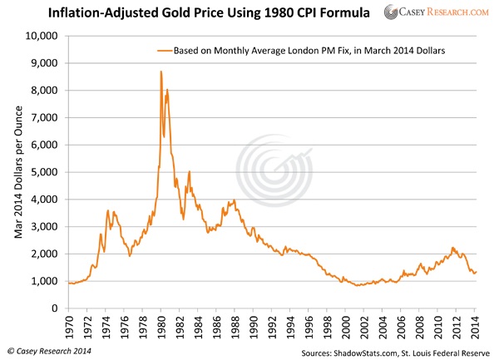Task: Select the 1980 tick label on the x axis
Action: coord(161,323)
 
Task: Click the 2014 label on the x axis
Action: coord(476,323)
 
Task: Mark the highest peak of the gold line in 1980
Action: coord(161,72)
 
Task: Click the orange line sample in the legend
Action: coord(163,51)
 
